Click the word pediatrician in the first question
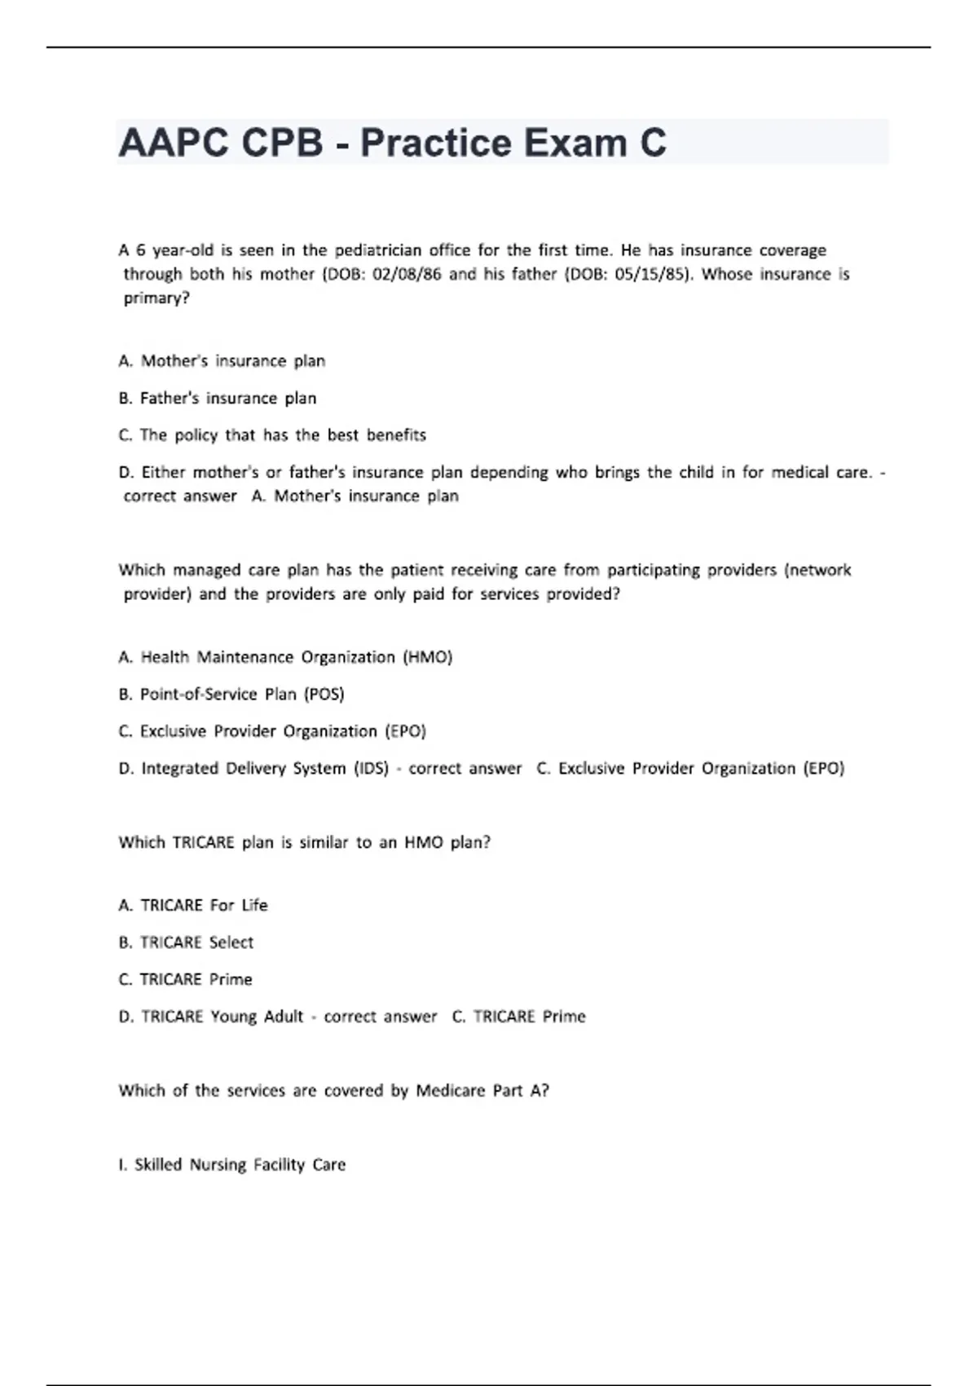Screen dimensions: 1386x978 (378, 250)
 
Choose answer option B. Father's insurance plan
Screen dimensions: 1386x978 (218, 399)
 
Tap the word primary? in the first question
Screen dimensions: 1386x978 (156, 298)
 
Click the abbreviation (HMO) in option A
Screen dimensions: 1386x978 (428, 657)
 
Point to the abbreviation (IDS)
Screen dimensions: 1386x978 (371, 769)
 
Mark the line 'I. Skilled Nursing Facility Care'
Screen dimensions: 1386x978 (232, 1165)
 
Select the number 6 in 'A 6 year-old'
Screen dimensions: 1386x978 (141, 250)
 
